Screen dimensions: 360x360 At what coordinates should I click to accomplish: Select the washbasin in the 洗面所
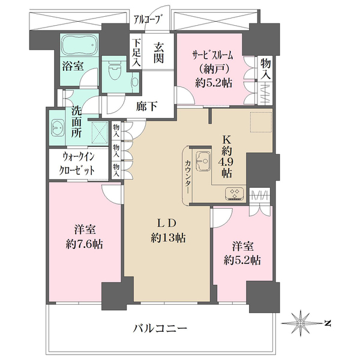[x=59, y=128]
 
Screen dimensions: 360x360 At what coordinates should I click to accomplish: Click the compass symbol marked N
[x=304, y=323]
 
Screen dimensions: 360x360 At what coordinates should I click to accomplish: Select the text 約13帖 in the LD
[x=169, y=238]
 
